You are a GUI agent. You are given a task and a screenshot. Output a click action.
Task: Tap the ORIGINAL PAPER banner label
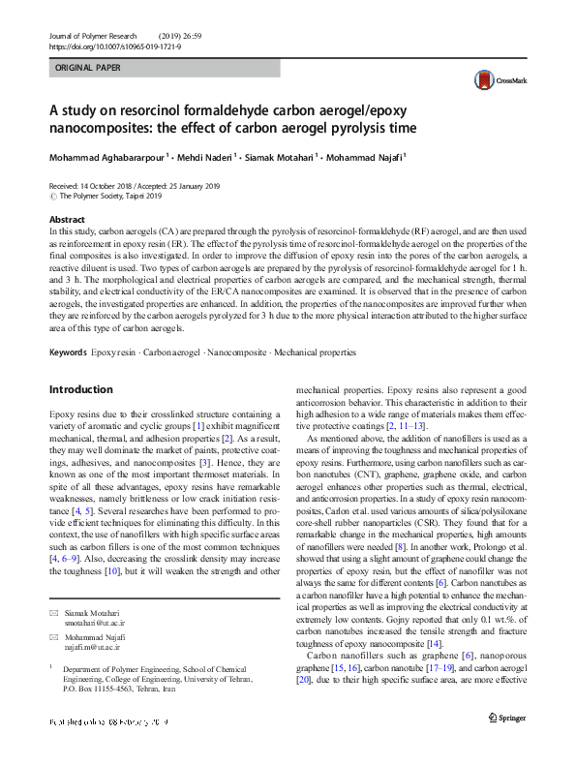coord(89,69)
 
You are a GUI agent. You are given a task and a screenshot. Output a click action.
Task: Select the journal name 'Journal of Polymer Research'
coord(96,35)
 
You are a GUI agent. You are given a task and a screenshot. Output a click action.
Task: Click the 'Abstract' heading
coord(67,221)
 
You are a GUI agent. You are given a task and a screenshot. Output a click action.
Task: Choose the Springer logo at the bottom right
coord(507,719)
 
